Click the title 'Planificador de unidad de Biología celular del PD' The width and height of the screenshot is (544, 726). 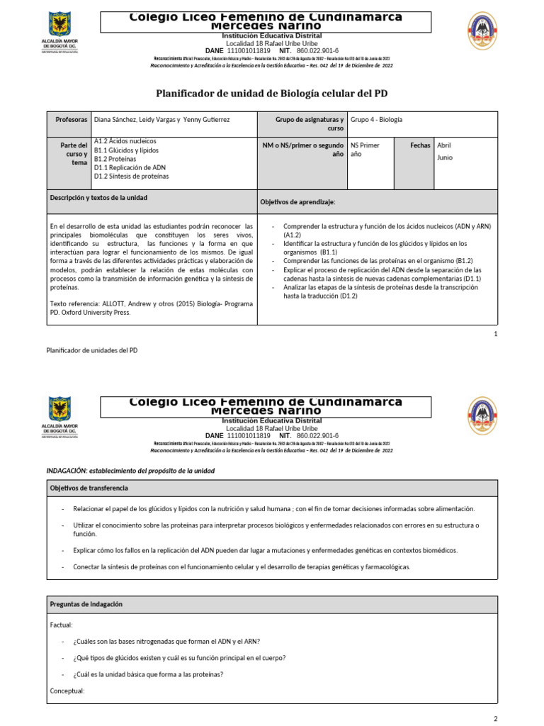(x=271, y=94)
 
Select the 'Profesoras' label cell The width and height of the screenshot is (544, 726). (x=72, y=120)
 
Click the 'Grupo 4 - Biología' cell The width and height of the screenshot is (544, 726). (x=376, y=120)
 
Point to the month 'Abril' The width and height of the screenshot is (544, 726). (x=444, y=145)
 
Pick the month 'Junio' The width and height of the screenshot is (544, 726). (x=445, y=157)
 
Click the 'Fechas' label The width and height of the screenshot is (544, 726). (x=420, y=145)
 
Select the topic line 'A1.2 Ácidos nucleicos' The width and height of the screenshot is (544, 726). (x=125, y=141)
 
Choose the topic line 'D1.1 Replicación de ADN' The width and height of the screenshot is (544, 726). (x=130, y=167)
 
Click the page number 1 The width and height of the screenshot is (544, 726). (x=496, y=333)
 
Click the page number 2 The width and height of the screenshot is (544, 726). (x=496, y=718)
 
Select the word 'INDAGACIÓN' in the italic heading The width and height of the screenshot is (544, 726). (x=67, y=471)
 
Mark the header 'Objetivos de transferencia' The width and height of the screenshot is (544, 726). (x=89, y=488)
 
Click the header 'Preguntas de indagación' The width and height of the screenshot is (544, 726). (x=86, y=604)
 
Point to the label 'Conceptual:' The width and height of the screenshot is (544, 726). (x=67, y=691)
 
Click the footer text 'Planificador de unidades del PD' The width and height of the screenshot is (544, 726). (x=92, y=350)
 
